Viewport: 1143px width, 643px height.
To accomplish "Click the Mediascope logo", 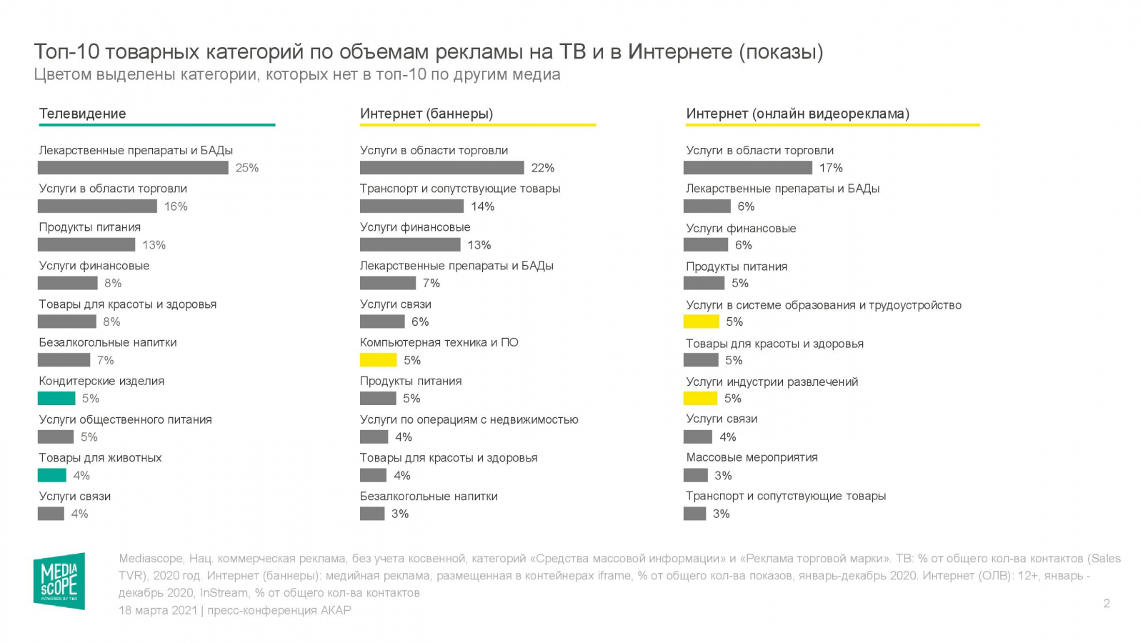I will click(x=59, y=580).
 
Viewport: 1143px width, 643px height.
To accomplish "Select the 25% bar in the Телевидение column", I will click(x=133, y=168).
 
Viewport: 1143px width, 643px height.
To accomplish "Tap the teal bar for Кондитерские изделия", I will click(x=56, y=399).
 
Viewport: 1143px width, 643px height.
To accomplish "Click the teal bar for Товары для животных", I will click(x=52, y=475).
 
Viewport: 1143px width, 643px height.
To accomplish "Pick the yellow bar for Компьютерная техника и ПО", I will click(x=378, y=360).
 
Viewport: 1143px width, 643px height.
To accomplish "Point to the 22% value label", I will click(x=543, y=168).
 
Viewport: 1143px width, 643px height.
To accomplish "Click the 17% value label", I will click(x=831, y=168).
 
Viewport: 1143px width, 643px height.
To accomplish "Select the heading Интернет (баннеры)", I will click(x=426, y=114).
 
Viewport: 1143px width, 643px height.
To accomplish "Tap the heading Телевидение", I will click(x=82, y=114).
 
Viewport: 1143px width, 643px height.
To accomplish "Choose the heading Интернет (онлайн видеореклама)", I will click(x=797, y=114).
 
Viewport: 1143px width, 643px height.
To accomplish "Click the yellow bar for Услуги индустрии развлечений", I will click(x=700, y=399).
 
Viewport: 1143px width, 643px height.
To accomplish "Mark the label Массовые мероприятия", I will click(x=752, y=457).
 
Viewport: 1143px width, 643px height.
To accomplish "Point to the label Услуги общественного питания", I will click(x=125, y=419).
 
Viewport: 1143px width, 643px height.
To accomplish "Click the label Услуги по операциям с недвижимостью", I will click(x=469, y=419).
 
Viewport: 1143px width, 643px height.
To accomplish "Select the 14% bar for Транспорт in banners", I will click(x=411, y=206).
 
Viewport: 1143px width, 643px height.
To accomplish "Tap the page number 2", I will click(x=1107, y=604).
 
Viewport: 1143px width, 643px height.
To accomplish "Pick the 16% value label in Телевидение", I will click(x=176, y=206).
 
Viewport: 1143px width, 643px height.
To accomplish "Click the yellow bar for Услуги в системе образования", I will click(x=701, y=321).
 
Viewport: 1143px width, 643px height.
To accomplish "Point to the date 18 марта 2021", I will click(x=157, y=610).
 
